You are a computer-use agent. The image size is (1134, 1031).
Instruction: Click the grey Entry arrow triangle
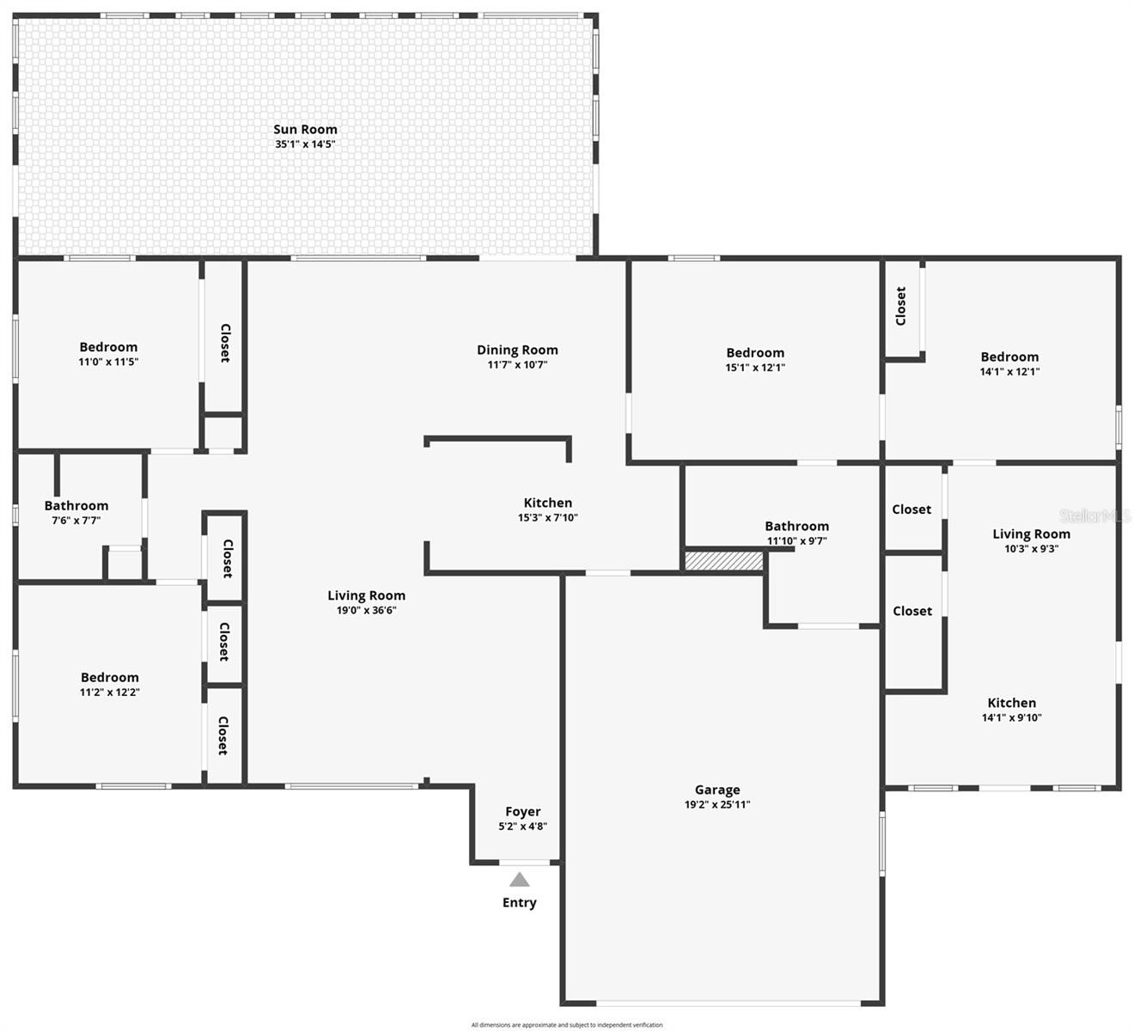(519, 880)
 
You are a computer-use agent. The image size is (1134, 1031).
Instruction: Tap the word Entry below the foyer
(519, 903)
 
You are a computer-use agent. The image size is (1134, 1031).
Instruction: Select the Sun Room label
(305, 130)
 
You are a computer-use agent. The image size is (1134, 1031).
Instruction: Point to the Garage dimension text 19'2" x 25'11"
(717, 804)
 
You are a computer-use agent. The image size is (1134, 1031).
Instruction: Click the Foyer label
(523, 812)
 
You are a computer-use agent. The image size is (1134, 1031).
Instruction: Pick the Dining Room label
(517, 350)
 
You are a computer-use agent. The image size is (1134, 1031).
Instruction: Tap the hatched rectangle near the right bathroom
(723, 561)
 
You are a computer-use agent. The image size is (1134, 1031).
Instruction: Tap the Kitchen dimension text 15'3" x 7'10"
(548, 517)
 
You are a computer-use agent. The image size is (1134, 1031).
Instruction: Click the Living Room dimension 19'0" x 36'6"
(366, 610)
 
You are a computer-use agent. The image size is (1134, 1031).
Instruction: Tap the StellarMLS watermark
(1094, 515)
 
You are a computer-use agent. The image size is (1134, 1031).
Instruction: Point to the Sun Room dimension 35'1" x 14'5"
(305, 144)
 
